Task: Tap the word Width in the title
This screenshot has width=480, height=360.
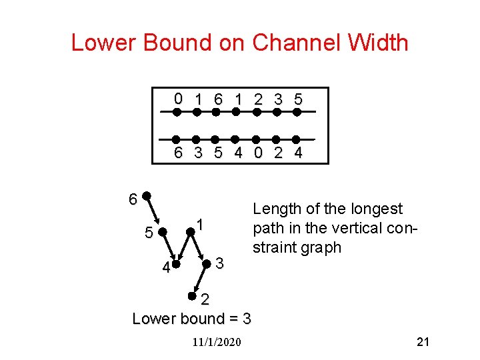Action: (379, 43)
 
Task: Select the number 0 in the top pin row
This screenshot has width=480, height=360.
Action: (177, 99)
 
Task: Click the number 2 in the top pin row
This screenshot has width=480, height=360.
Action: (257, 99)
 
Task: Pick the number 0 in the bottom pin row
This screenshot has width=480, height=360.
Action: (257, 153)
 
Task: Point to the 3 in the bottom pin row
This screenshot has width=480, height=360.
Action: (198, 153)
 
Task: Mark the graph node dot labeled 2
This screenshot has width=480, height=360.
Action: (191, 295)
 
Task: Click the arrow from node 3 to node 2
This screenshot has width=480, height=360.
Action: (199, 279)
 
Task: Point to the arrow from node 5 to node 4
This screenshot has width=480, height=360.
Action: (170, 247)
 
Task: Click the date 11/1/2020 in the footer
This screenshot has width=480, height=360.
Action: (216, 343)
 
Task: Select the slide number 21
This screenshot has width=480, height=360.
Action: (423, 342)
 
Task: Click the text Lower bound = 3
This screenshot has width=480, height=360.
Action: (192, 318)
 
